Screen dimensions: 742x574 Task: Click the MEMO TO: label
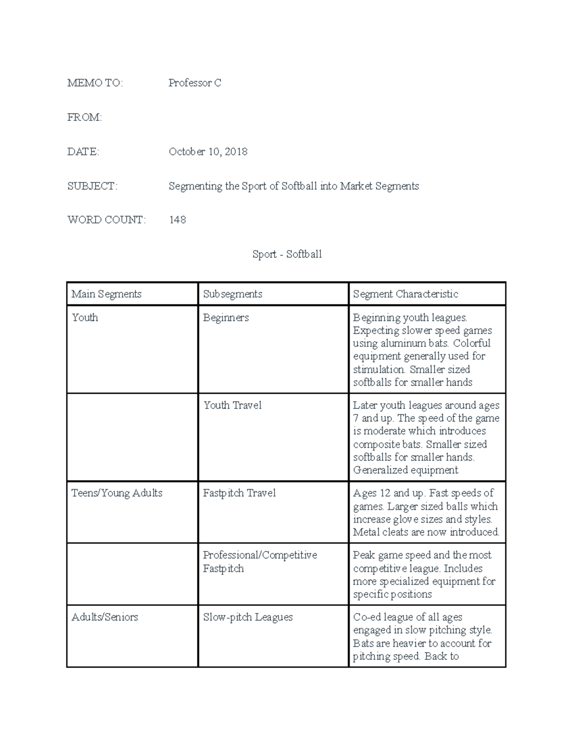click(95, 83)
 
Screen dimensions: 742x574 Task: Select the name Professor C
click(195, 83)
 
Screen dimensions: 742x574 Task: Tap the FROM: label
click(85, 118)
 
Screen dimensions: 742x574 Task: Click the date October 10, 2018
click(208, 152)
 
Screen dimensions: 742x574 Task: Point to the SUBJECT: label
click(92, 186)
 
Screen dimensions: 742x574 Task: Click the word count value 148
click(177, 220)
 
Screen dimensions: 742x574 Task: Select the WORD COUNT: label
click(106, 220)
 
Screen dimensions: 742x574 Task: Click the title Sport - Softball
click(287, 254)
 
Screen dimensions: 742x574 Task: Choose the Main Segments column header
click(106, 294)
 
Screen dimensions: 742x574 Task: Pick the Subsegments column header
click(232, 294)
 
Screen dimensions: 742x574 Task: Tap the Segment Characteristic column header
click(405, 294)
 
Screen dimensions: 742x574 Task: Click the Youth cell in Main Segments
click(85, 318)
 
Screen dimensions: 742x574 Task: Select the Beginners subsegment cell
click(226, 318)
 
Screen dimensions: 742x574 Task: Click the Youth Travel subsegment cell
click(232, 406)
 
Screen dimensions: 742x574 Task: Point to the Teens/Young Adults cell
click(117, 493)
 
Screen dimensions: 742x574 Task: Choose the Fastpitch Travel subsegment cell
click(239, 493)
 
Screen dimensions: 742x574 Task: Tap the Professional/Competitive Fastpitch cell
click(260, 562)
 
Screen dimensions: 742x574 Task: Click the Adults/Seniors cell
click(105, 617)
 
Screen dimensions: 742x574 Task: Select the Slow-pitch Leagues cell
click(248, 617)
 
